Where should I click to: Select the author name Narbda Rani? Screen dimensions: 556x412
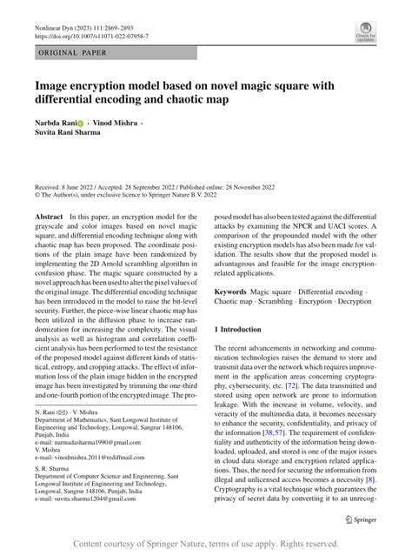(58, 125)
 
